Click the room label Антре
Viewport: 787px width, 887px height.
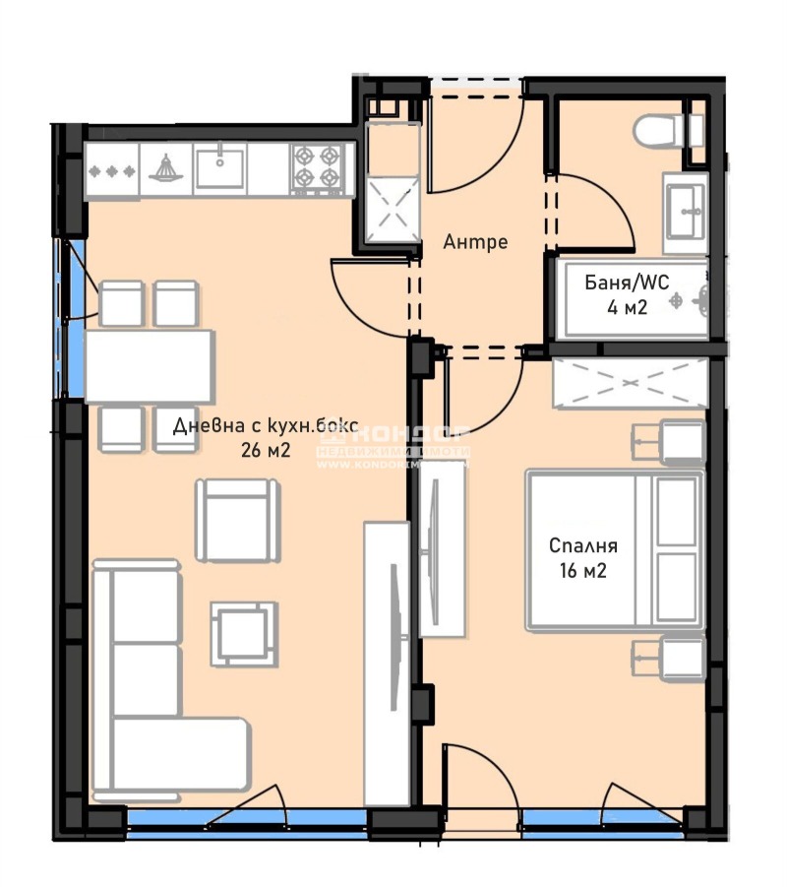pyautogui.click(x=475, y=241)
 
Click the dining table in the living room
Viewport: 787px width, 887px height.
pyautogui.click(x=150, y=366)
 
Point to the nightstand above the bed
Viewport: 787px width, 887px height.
pyautogui.click(x=670, y=441)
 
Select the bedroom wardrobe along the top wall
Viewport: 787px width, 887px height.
pyautogui.click(x=630, y=384)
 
